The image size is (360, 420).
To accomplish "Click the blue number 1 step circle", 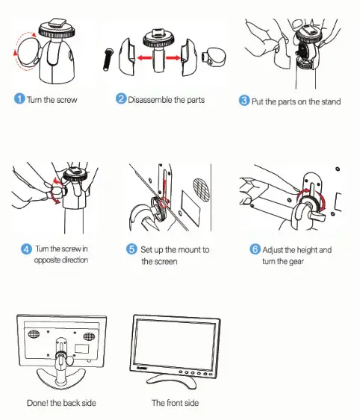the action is [19, 98].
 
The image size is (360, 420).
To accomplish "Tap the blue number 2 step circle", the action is [121, 98].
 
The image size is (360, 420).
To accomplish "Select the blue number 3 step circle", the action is [244, 100].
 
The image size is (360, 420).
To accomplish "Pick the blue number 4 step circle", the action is [26, 249].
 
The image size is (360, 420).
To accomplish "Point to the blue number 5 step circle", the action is [131, 249].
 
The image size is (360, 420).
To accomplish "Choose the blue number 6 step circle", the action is [255, 249].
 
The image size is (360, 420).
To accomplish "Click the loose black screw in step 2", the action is [108, 60].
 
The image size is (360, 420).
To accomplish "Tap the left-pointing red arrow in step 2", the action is [144, 57].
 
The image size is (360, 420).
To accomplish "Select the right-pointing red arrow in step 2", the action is [173, 57].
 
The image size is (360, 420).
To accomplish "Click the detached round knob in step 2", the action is [214, 57].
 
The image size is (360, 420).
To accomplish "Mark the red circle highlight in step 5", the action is [164, 203].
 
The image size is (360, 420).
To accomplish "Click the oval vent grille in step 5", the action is [202, 189].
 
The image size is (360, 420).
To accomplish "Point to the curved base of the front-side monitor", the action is [172, 382].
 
